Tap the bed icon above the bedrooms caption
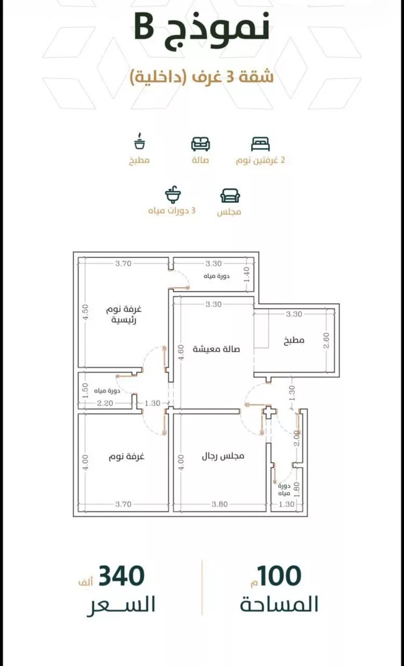pyautogui.click(x=260, y=144)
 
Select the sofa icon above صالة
pyautogui.click(x=200, y=144)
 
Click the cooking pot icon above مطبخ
pyautogui.click(x=140, y=141)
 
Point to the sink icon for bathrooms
pyautogui.click(x=173, y=195)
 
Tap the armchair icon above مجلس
pyautogui.click(x=230, y=195)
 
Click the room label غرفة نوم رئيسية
pyautogui.click(x=124, y=315)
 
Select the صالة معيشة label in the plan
pyautogui.click(x=216, y=349)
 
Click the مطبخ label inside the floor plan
pyautogui.click(x=294, y=340)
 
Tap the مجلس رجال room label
pyautogui.click(x=223, y=456)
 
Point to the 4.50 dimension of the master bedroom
pyautogui.click(x=85, y=312)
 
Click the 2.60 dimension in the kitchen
pyautogui.click(x=326, y=341)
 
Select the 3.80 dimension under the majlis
pyautogui.click(x=220, y=504)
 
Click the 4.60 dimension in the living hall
pyautogui.click(x=181, y=352)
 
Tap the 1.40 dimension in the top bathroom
pyautogui.click(x=247, y=274)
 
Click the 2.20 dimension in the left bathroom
pyautogui.click(x=105, y=403)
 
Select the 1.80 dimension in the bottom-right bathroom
pyautogui.click(x=296, y=490)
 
